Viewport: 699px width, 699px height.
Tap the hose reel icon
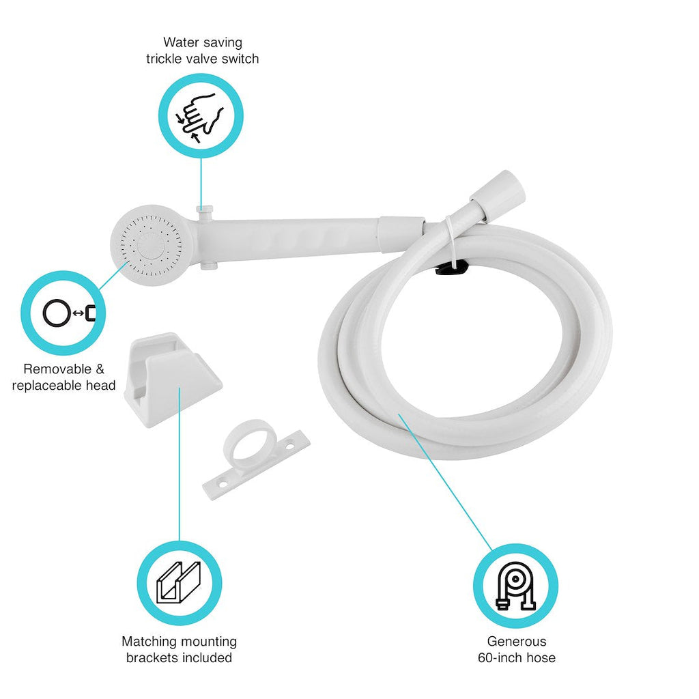(x=516, y=585)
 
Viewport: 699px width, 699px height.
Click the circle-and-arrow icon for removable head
(x=70, y=313)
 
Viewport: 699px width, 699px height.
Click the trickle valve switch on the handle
(x=205, y=209)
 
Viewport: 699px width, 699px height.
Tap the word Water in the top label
(x=182, y=42)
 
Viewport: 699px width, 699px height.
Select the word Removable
(x=57, y=369)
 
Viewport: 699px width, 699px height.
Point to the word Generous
(x=517, y=642)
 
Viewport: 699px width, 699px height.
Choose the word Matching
(x=149, y=642)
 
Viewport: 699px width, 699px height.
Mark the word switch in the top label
(x=240, y=59)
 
